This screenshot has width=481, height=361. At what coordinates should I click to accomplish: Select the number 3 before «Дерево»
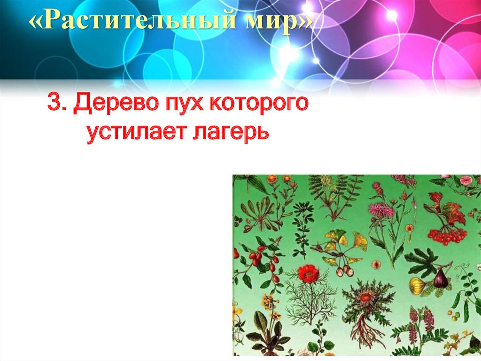(53, 103)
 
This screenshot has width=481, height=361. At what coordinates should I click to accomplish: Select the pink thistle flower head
(380, 209)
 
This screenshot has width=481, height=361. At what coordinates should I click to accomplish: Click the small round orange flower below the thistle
(376, 265)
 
